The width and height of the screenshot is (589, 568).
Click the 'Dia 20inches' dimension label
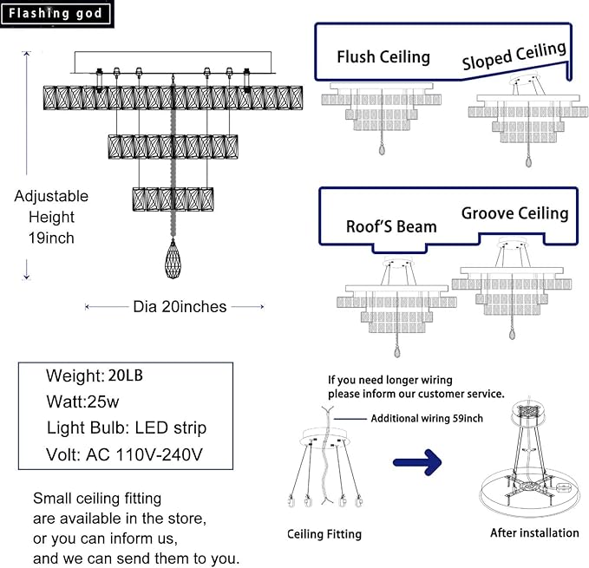180,306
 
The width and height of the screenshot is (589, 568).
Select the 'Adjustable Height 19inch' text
51,217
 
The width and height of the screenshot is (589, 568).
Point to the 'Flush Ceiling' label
383,57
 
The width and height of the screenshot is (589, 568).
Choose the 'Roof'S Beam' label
391,226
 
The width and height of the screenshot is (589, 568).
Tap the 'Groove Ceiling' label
514,213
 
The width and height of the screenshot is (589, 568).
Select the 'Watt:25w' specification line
84,402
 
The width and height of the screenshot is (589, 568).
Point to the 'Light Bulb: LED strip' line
127,428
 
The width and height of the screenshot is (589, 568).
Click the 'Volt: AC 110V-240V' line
127,454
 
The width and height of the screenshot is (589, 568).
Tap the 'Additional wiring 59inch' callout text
427,418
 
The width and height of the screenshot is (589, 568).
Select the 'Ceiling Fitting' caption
324,534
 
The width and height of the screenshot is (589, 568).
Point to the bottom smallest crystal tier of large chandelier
173,199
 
